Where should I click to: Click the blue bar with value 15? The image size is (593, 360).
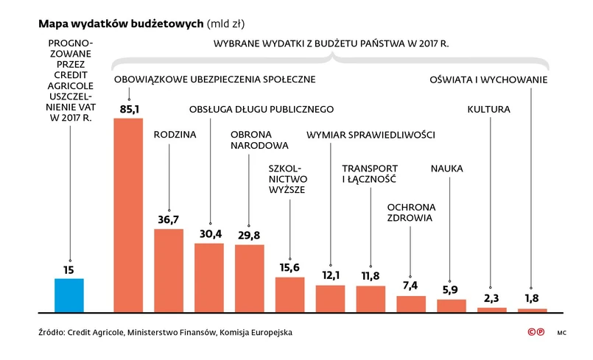[x=69, y=294]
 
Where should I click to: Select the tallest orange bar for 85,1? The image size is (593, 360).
[x=128, y=213]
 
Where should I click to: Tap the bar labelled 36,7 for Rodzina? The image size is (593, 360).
[x=169, y=269]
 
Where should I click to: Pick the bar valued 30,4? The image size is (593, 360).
[x=209, y=276]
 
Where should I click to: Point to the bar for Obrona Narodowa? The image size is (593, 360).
[x=249, y=277]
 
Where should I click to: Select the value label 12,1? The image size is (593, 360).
[x=330, y=275]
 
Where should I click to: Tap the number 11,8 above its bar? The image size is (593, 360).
[x=371, y=276]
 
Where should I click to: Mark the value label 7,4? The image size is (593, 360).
[x=410, y=286]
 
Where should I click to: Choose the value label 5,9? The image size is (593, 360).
[x=451, y=289]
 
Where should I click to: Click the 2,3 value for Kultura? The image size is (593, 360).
[x=491, y=297]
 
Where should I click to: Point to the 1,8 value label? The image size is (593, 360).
[x=532, y=298]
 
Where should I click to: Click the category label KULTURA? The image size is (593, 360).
[x=489, y=110]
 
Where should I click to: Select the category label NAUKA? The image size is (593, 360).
[x=446, y=169]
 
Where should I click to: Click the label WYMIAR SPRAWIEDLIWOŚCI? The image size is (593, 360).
[x=370, y=135]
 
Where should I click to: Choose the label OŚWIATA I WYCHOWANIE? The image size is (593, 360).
[x=488, y=79]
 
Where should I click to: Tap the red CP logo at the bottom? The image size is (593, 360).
[x=536, y=333]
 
